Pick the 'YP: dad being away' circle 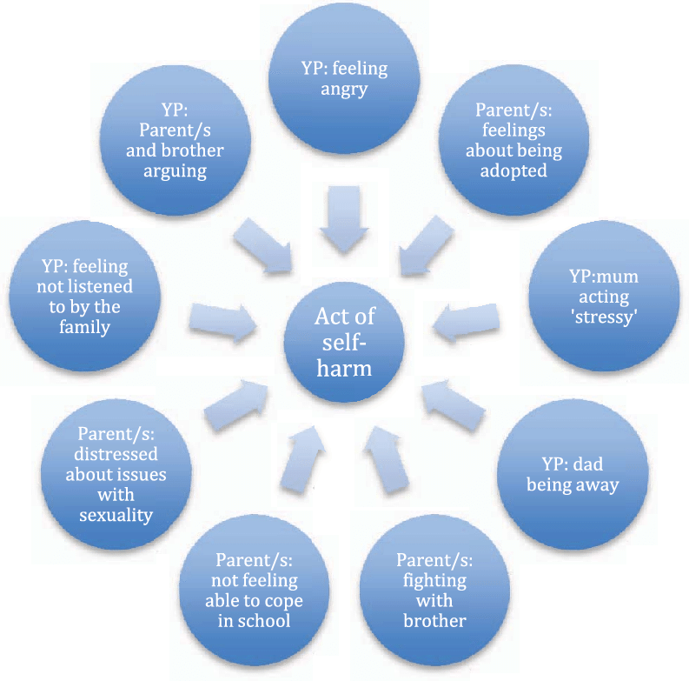[573, 475]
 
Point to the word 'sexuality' [116, 515]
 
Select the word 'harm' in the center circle [344, 367]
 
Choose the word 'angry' [344, 88]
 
